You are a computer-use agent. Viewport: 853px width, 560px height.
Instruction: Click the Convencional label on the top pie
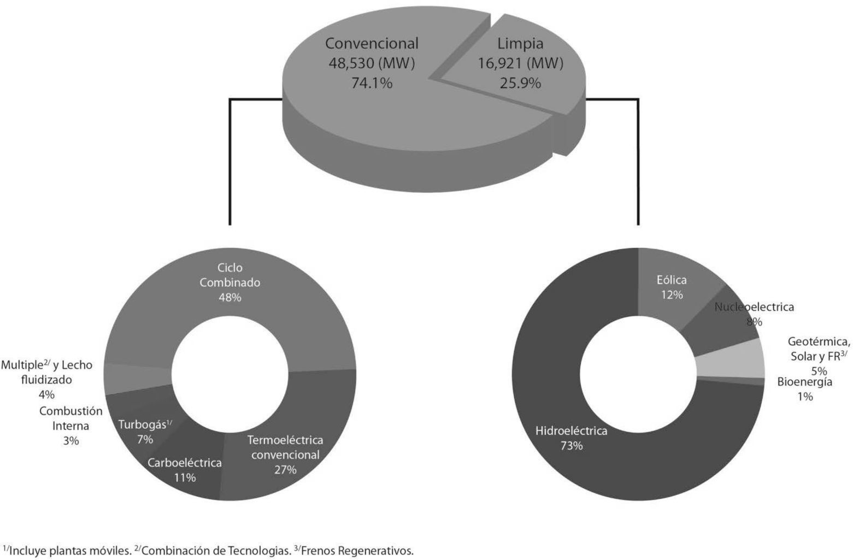(x=372, y=43)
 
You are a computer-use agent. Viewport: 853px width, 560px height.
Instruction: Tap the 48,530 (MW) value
(x=372, y=63)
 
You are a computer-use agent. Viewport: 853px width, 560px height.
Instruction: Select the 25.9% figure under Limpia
(x=520, y=83)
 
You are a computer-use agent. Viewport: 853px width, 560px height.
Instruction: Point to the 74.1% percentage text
(x=372, y=83)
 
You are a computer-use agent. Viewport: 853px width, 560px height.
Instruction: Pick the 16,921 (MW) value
(x=520, y=63)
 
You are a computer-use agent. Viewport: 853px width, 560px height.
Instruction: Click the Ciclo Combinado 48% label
(x=230, y=282)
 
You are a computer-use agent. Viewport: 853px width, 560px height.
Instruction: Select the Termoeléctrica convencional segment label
(x=285, y=455)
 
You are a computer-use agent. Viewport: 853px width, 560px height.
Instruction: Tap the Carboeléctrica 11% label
(x=185, y=470)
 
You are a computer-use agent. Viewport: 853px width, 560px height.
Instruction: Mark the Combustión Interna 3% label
(x=70, y=426)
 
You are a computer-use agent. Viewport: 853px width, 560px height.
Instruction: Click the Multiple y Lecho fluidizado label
(x=46, y=379)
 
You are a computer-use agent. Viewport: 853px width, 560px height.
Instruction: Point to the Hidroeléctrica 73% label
(x=571, y=438)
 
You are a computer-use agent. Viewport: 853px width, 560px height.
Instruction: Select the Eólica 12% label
(x=671, y=287)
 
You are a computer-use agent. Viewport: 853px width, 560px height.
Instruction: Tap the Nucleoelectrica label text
(x=754, y=307)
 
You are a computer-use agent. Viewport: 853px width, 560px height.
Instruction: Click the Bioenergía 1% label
(x=804, y=388)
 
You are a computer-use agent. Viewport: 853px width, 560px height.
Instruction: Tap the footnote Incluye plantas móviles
(x=68, y=550)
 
